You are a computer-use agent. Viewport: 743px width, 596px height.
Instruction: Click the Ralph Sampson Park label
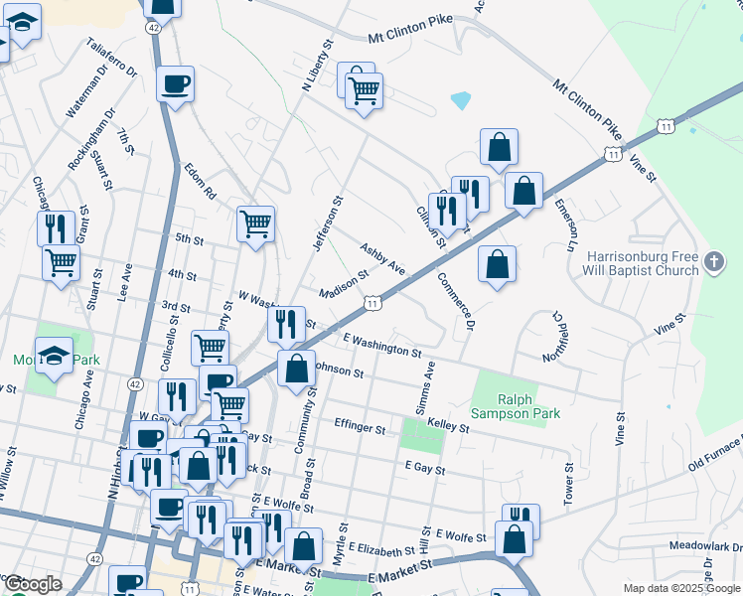tap(529, 406)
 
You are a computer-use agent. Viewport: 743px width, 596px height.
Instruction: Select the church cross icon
tap(712, 262)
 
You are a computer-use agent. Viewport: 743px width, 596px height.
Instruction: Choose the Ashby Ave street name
tap(382, 259)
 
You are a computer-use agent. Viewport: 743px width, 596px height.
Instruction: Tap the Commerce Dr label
tap(456, 300)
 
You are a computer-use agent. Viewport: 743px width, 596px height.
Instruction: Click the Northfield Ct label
tap(558, 339)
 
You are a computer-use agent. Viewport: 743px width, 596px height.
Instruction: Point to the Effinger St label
tap(359, 427)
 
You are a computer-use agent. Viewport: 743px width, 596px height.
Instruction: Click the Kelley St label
tap(447, 426)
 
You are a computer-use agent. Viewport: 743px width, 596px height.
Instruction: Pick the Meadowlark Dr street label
tap(704, 545)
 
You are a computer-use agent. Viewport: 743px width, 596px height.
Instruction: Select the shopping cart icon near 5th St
tap(255, 223)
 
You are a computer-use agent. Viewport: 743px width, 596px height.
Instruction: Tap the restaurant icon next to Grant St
tap(56, 227)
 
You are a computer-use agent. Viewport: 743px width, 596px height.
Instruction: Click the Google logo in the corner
tap(33, 584)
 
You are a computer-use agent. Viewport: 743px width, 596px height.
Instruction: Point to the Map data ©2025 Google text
tap(681, 588)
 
